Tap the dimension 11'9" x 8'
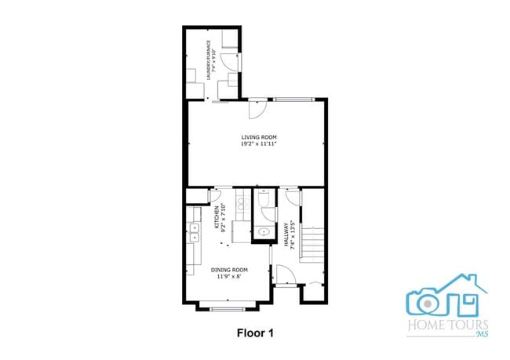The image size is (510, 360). (229, 275)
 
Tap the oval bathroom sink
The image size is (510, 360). (263, 233)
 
